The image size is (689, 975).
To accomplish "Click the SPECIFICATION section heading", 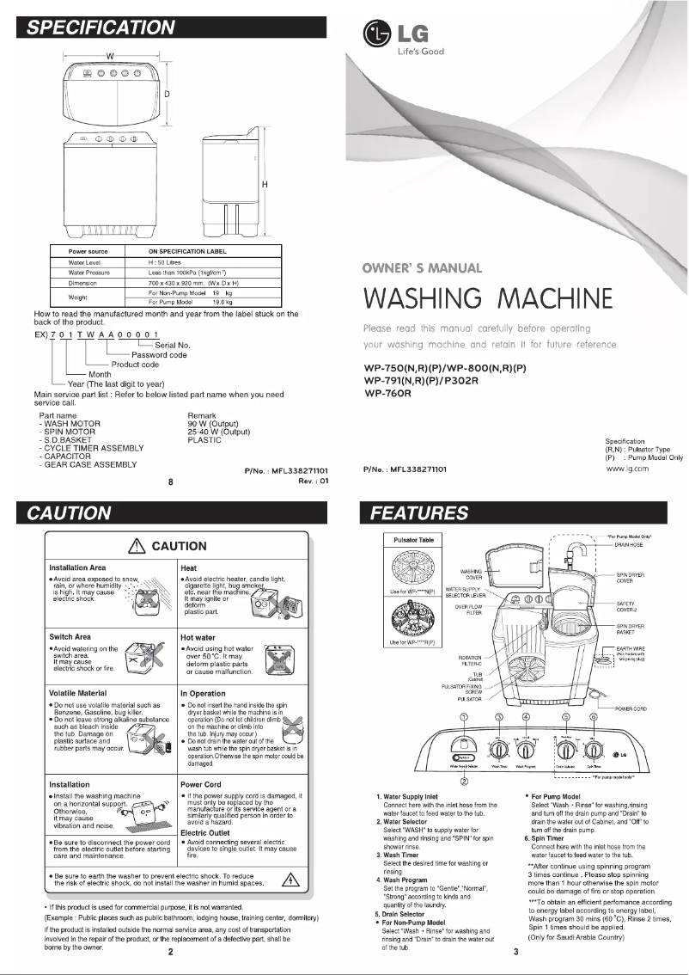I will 101,27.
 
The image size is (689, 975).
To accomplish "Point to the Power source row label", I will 87,252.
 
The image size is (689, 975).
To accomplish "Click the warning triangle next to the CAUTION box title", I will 135,546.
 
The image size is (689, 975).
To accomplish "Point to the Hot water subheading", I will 202,637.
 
